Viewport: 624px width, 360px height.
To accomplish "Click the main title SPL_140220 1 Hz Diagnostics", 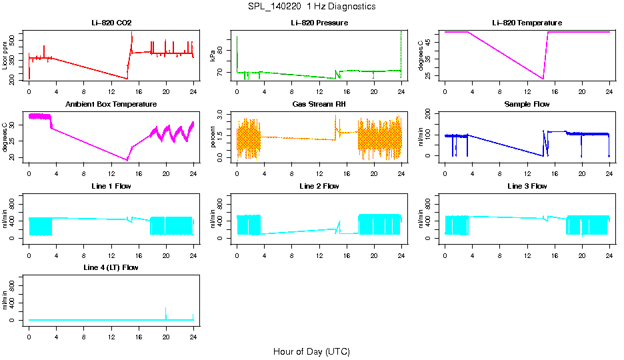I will point(311,6).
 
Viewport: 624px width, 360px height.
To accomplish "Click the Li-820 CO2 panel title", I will point(111,23).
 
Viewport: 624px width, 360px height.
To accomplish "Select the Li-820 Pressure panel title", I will point(319,23).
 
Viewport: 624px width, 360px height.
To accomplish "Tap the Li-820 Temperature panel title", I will point(527,23).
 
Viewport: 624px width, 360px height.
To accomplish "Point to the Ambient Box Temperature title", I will point(111,104).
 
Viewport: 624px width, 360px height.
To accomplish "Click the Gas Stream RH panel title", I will point(319,104).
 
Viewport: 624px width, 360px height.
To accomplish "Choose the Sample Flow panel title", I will point(527,104).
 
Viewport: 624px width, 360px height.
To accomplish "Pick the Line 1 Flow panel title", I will point(111,186).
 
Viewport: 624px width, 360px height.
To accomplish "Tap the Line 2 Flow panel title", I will point(319,186).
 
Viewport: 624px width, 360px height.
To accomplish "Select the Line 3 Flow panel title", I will point(527,186).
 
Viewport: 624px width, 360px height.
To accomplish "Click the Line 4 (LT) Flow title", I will point(111,267).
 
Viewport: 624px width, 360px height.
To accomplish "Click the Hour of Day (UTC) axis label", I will point(311,351).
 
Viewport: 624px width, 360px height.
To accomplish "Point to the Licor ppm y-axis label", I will point(5,56).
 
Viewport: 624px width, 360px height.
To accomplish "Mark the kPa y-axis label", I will point(213,56).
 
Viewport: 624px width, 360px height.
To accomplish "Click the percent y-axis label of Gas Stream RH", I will point(213,138).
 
